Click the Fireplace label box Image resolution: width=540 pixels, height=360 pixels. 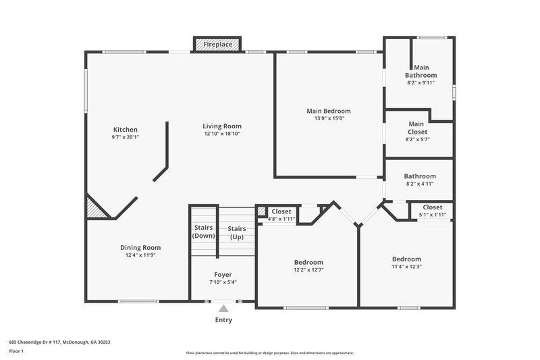[x=217, y=45]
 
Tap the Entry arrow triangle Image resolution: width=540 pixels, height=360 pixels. [x=223, y=309]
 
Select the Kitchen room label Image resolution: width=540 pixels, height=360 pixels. [x=125, y=130]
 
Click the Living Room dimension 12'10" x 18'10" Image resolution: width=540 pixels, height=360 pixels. [x=222, y=134]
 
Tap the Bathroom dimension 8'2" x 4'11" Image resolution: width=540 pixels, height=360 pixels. [x=420, y=183]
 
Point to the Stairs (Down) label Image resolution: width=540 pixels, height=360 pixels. [x=204, y=232]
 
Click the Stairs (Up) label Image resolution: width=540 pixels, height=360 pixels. [x=236, y=232]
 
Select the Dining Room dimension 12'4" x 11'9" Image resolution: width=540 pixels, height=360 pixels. [x=140, y=255]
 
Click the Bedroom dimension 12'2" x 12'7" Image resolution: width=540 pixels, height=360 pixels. [x=308, y=270]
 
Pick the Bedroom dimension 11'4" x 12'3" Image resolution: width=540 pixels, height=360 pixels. [x=406, y=267]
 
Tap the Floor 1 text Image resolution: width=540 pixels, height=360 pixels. [x=16, y=351]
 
